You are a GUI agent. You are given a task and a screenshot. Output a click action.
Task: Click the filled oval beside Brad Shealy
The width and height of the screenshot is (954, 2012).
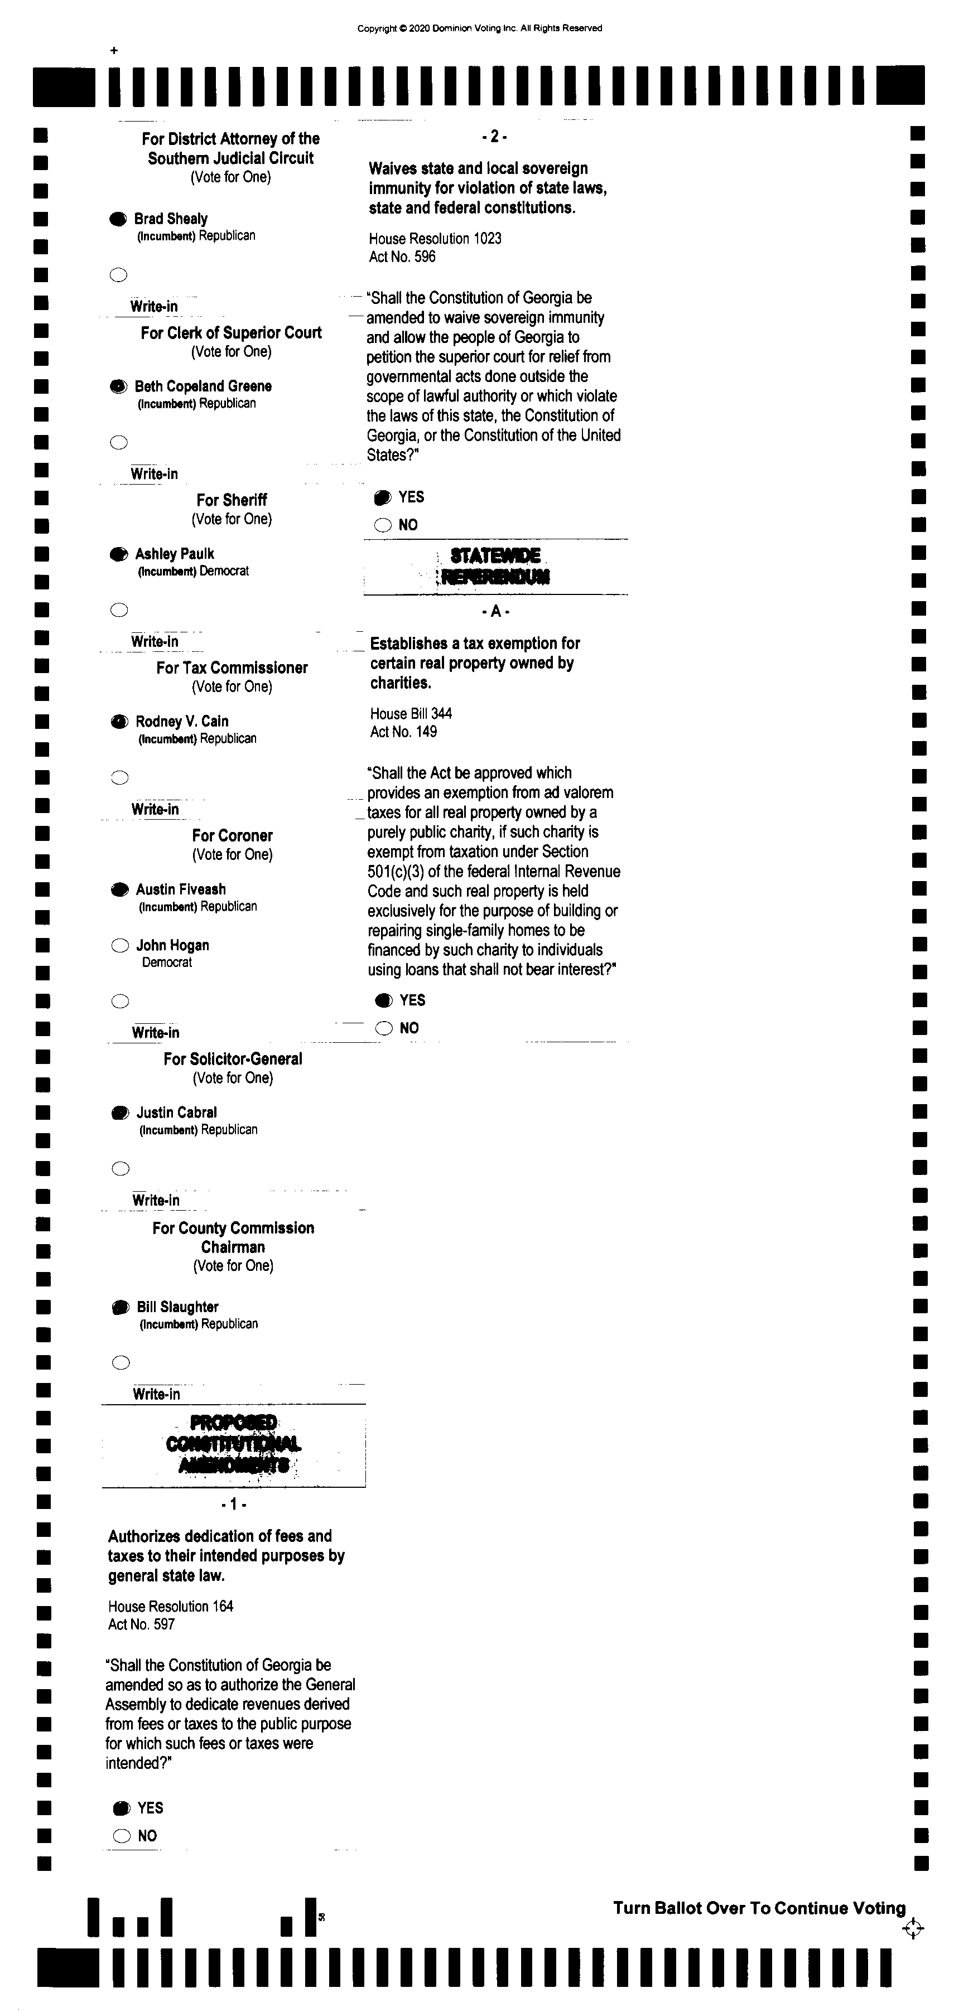pyautogui.click(x=117, y=220)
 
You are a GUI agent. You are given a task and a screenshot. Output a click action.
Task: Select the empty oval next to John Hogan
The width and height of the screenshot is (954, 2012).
pyautogui.click(x=119, y=946)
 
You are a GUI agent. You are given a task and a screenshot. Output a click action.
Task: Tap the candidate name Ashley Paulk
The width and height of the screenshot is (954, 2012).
pyautogui.click(x=174, y=554)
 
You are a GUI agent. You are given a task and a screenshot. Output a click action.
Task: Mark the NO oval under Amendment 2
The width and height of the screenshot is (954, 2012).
pyautogui.click(x=383, y=525)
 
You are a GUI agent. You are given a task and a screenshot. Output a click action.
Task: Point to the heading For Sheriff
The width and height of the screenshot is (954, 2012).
pyautogui.click(x=232, y=500)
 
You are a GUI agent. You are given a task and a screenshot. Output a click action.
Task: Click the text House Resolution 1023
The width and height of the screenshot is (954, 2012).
pyautogui.click(x=435, y=238)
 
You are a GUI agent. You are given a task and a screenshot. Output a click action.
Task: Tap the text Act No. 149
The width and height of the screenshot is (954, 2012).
pyautogui.click(x=403, y=732)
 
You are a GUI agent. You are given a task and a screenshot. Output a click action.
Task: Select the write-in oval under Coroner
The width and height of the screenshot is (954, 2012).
pyautogui.click(x=119, y=1002)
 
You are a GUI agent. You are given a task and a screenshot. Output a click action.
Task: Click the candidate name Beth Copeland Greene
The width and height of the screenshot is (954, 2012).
pyautogui.click(x=203, y=386)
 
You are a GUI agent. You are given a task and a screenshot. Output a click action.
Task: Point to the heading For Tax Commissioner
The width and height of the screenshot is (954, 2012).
pyautogui.click(x=232, y=668)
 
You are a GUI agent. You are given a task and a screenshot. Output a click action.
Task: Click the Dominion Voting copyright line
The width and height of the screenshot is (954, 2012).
pyautogui.click(x=479, y=28)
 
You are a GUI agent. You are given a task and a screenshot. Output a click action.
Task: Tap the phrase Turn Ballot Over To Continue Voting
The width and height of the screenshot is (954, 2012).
pyautogui.click(x=759, y=1908)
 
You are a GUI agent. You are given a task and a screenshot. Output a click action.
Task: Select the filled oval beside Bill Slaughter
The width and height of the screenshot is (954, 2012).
pyautogui.click(x=121, y=1307)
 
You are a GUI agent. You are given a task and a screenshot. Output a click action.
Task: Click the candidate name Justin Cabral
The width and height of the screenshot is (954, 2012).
pyautogui.click(x=177, y=1112)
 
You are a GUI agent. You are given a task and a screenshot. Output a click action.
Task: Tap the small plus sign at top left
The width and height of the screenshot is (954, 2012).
pyautogui.click(x=114, y=51)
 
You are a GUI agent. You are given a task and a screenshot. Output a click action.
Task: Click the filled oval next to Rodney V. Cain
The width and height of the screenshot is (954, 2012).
pyautogui.click(x=119, y=722)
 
